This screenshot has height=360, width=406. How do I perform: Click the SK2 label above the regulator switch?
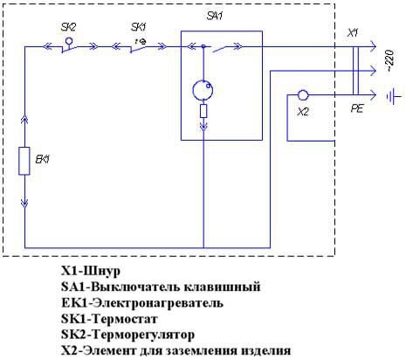pos(68,27)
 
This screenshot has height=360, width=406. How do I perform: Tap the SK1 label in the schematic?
pos(139,27)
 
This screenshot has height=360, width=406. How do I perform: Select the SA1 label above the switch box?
pos(215,16)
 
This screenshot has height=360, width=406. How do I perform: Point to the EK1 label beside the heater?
pos(43,159)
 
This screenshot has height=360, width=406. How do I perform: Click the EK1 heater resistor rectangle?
pos(24,161)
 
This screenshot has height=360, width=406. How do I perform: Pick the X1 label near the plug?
pos(353,32)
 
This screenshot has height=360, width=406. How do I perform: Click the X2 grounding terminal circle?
pos(303,95)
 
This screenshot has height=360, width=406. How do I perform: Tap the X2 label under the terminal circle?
pos(303,112)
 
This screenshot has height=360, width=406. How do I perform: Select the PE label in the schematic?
pos(357,108)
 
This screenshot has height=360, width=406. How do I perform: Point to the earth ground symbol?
pos(394,97)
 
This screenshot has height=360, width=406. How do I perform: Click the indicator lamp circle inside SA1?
pos(203,90)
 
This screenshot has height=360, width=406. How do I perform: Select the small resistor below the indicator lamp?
pos(203,111)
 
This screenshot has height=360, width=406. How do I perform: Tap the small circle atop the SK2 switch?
pos(69,41)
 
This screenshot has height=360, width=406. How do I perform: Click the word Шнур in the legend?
pos(102,271)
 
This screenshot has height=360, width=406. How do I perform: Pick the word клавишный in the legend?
pos(223,287)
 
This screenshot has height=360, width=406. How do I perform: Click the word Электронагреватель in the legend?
pos(159,303)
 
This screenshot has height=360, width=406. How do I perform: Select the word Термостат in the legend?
pos(125,319)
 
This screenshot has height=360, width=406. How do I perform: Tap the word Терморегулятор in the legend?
pos(143,335)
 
